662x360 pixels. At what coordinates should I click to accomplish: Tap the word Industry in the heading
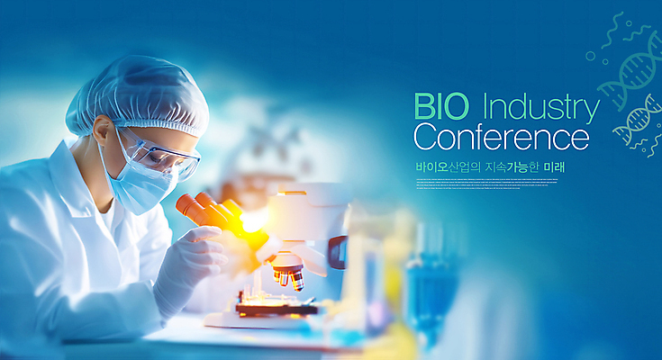tap(540, 108)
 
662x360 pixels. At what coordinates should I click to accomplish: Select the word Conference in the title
tap(501, 138)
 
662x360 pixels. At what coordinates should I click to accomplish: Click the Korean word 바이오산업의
tap(447, 167)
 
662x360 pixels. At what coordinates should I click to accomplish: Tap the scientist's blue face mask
tap(140, 187)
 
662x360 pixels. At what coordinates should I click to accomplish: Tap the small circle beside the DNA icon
tap(590, 56)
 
